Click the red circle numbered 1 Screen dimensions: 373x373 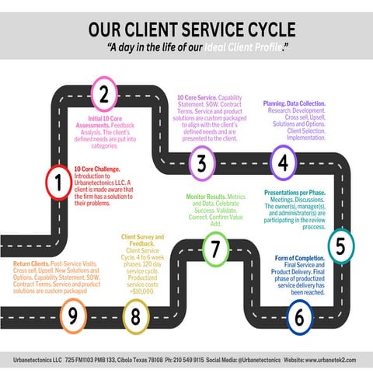click(58, 183)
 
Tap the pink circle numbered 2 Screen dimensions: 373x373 click(103, 95)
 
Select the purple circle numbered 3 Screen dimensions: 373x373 click(201, 163)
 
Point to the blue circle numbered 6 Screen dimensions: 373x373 click(299, 316)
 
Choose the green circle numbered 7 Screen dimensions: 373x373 click(216, 249)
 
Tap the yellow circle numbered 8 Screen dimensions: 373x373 click(136, 316)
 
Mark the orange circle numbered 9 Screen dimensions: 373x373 click(72, 316)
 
